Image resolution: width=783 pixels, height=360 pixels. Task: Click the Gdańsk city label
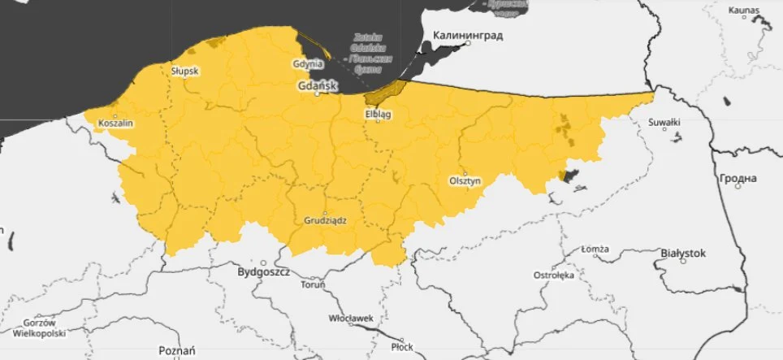click(x=317, y=85)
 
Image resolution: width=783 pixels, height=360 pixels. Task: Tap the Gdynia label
click(x=309, y=63)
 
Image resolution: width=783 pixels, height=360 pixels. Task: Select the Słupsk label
click(x=184, y=71)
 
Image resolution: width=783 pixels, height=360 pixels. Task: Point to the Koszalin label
click(x=115, y=124)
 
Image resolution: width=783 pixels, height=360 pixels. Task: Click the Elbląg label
click(x=378, y=115)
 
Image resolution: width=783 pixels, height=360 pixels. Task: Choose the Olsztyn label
click(x=465, y=181)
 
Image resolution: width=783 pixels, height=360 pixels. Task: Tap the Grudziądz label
click(x=326, y=220)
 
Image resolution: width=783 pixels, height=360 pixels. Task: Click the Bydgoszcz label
click(x=263, y=273)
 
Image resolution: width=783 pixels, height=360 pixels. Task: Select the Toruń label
click(x=313, y=285)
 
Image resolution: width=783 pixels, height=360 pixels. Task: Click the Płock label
click(x=401, y=346)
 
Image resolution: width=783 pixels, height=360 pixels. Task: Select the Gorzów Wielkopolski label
click(x=33, y=327)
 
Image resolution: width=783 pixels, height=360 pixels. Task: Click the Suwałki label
click(x=664, y=123)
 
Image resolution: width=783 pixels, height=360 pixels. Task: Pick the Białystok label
click(x=683, y=253)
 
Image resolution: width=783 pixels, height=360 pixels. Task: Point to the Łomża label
click(x=595, y=249)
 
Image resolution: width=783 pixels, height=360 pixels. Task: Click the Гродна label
click(x=738, y=178)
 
